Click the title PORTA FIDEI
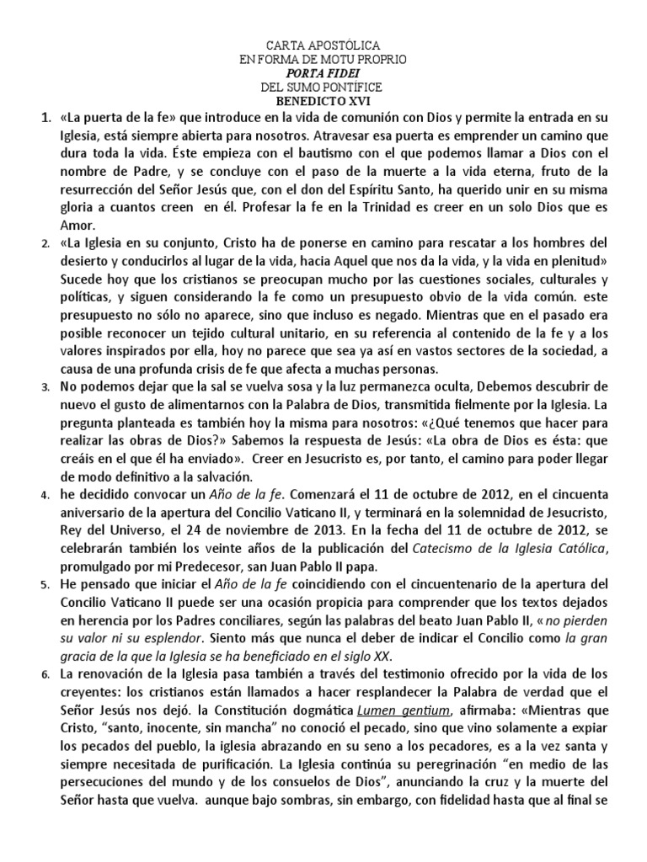coord(323,72)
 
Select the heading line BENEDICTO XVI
coord(323,101)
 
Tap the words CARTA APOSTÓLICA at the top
coord(323,44)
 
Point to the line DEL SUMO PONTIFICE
coord(323,87)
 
